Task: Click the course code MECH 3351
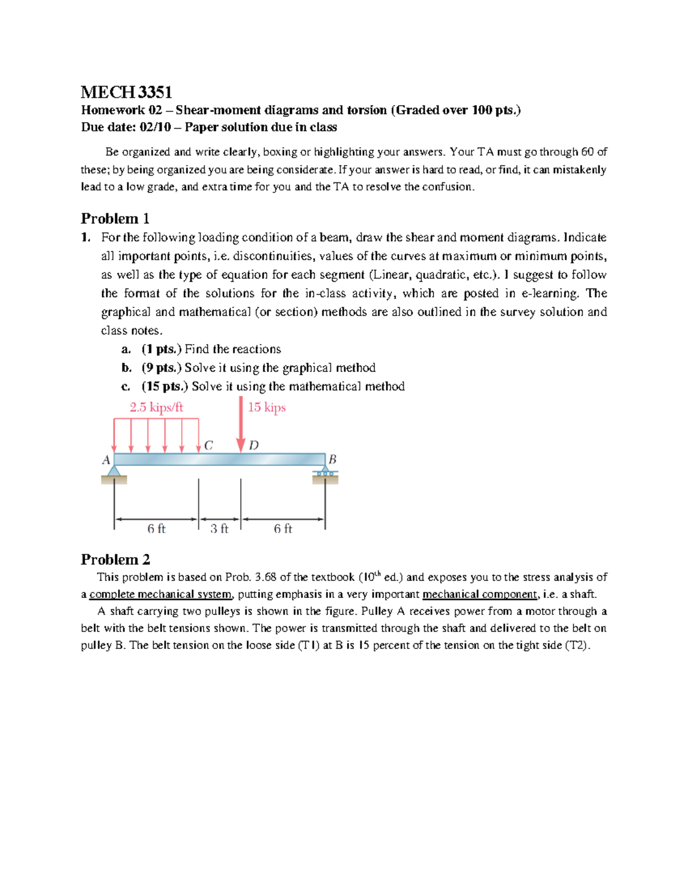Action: point(126,92)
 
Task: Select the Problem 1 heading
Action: point(115,219)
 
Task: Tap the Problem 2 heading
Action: point(115,559)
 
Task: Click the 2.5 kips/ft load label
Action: point(156,407)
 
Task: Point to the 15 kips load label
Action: point(267,407)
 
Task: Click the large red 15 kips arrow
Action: point(241,425)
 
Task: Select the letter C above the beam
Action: point(208,445)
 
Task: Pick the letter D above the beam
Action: point(254,445)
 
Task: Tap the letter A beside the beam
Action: point(106,460)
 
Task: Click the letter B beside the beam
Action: point(332,460)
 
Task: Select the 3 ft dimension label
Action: point(219,528)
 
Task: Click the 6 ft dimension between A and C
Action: point(156,528)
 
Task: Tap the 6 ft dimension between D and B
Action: point(283,528)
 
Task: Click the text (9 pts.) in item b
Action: point(162,368)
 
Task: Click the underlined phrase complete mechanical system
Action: point(161,594)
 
